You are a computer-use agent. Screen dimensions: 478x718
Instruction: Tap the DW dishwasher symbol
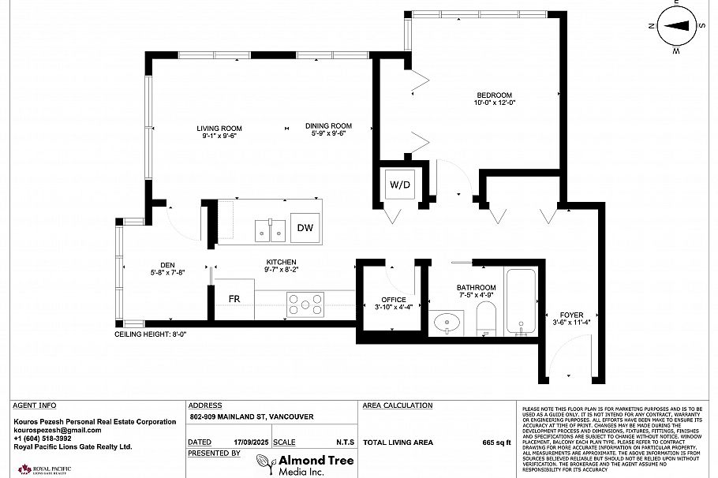305,228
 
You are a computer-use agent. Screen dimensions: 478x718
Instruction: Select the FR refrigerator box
234,299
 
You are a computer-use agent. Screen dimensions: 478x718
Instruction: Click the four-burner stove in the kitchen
305,304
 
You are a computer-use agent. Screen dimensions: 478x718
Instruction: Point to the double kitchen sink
270,230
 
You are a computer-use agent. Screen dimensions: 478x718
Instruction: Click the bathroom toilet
485,317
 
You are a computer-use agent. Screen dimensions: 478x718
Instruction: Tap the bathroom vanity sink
451,322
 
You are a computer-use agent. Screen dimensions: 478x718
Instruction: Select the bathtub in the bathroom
520,303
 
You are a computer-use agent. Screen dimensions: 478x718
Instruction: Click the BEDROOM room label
494,95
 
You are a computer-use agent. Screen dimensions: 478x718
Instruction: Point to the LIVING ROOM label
219,128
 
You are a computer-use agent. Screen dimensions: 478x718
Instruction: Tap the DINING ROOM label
328,126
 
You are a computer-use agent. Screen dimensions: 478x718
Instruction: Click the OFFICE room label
393,300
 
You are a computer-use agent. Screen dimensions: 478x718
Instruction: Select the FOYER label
571,316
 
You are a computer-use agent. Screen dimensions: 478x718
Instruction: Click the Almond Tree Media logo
305,464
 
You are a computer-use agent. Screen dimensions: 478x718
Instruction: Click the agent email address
58,430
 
